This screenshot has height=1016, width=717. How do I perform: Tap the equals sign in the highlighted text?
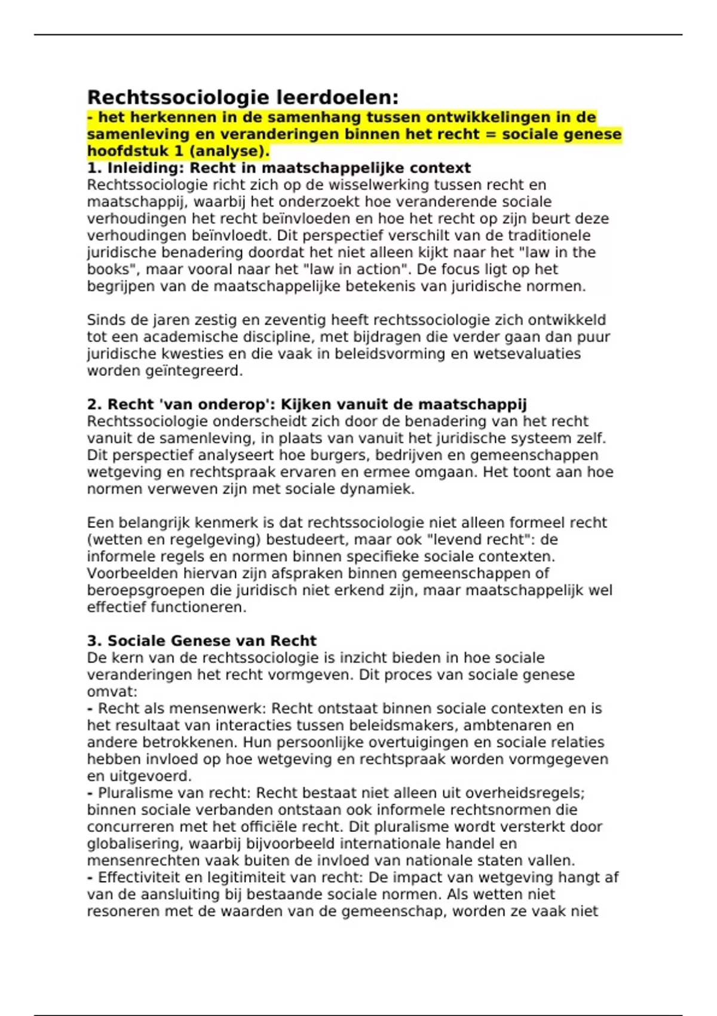[492, 134]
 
